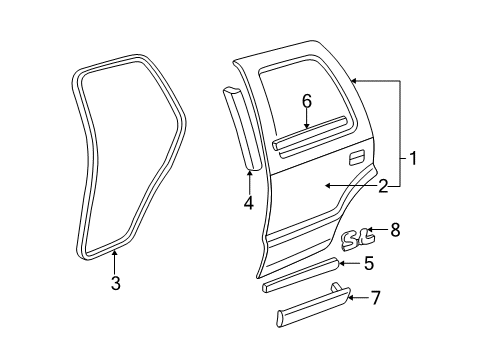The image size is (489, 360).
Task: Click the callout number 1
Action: pyautogui.click(x=412, y=157)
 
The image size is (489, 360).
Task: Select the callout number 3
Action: pyautogui.click(x=115, y=284)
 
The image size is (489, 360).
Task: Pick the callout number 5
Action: pyautogui.click(x=369, y=263)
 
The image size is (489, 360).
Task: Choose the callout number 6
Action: pyautogui.click(x=307, y=100)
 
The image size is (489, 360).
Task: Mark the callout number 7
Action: pyautogui.click(x=376, y=297)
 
